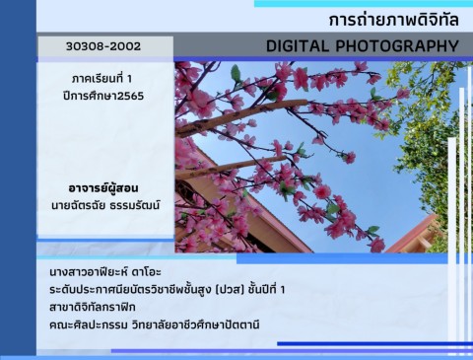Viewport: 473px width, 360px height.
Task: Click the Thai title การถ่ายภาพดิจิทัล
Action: (394, 21)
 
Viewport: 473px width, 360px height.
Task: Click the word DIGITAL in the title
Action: (300, 46)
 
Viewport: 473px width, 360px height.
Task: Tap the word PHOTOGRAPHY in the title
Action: (398, 46)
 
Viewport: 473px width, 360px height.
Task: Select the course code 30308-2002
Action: (104, 46)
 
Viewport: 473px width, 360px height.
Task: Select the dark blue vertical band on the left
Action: (18, 178)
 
